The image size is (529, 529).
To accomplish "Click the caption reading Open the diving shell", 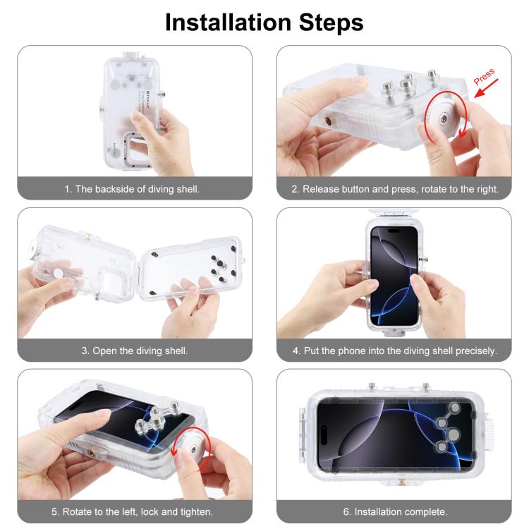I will tap(135, 350).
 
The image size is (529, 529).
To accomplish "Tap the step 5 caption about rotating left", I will tap(135, 511).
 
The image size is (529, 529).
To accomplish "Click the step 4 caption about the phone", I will tap(394, 350).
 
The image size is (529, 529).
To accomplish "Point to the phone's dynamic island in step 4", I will tap(395, 233).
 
